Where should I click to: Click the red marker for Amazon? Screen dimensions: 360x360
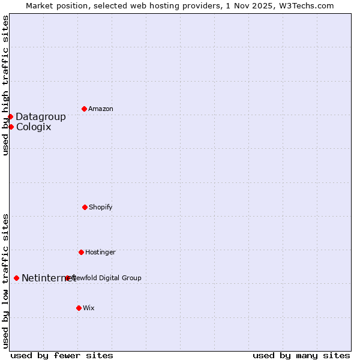(84, 109)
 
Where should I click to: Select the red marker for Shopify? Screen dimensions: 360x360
(85, 207)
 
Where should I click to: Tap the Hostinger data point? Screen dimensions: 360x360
(81, 252)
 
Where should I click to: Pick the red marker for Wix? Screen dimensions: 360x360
(79, 308)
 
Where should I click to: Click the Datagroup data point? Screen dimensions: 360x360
(10, 116)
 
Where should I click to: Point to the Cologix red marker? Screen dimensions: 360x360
(11, 127)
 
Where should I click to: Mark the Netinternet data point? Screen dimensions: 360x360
(16, 278)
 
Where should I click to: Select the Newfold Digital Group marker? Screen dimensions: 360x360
(68, 278)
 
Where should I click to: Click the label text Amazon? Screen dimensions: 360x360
(101, 109)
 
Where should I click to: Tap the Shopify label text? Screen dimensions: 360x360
(101, 207)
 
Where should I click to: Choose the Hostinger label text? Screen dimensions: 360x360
(100, 252)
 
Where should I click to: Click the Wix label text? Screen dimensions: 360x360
(89, 308)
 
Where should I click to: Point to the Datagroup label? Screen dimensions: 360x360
(41, 116)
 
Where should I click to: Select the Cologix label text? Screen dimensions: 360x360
(34, 127)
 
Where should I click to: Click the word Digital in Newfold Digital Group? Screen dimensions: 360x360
(110, 278)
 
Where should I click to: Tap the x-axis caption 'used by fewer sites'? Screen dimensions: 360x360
(62, 355)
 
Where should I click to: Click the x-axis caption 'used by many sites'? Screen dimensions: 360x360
(301, 355)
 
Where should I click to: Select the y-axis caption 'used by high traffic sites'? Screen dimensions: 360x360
(5, 86)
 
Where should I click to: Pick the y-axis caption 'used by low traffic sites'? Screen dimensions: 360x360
(5, 281)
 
